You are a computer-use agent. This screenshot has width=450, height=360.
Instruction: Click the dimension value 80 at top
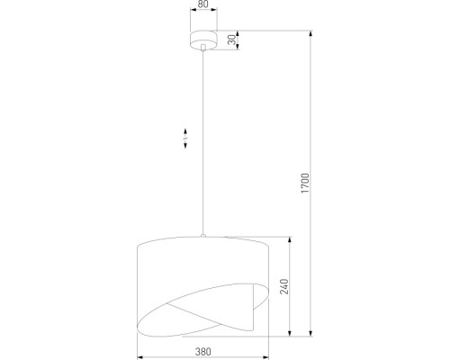(203, 5)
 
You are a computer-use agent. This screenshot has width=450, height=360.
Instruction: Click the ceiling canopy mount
(203, 39)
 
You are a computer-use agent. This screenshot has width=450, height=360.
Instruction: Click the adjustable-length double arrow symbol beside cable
(185, 138)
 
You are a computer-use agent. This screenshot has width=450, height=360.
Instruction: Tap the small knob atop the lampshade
(203, 237)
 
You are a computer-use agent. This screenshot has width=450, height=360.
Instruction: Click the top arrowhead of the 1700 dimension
(312, 34)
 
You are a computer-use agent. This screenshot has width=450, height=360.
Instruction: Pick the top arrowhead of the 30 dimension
(237, 33)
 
